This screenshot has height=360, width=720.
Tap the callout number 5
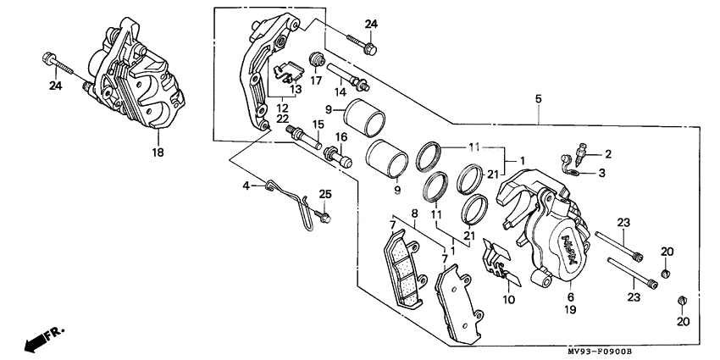(x=538, y=99)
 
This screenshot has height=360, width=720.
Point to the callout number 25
(x=324, y=196)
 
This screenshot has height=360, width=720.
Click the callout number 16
(x=341, y=137)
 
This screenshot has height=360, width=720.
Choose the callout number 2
(x=606, y=153)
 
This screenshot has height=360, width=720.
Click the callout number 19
(x=570, y=311)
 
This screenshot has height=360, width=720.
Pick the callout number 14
(x=340, y=90)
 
